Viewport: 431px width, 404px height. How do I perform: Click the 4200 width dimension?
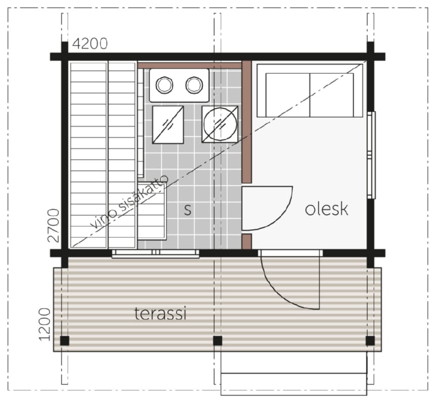pyautogui.click(x=90, y=44)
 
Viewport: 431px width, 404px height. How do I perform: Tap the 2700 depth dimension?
pyautogui.click(x=54, y=225)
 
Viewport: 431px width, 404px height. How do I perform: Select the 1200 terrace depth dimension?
pyautogui.click(x=45, y=325)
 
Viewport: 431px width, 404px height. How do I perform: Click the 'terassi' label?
pyautogui.click(x=161, y=314)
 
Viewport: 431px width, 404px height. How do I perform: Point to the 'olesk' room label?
pyautogui.click(x=326, y=209)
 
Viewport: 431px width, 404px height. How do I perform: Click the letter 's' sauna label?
pyautogui.click(x=188, y=210)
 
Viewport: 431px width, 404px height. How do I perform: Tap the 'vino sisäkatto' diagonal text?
pyautogui.click(x=129, y=202)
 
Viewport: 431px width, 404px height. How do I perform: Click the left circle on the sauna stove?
pyautogui.click(x=164, y=85)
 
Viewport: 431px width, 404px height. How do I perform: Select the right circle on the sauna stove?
pyautogui.click(x=195, y=85)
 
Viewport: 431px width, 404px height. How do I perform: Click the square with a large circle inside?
pyautogui.click(x=220, y=124)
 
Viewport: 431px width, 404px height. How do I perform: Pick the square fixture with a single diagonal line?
pyautogui.click(x=168, y=125)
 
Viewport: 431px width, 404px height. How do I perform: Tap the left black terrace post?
pyautogui.click(x=65, y=340)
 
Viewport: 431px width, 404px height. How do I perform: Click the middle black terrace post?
pyautogui.click(x=217, y=340)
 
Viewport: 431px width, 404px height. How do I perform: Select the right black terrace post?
pyautogui.click(x=370, y=340)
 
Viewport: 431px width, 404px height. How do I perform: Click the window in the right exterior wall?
pyautogui.click(x=371, y=155)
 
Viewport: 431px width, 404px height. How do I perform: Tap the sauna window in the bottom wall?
pyautogui.click(x=156, y=254)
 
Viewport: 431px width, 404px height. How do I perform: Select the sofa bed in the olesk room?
pyautogui.click(x=310, y=90)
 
